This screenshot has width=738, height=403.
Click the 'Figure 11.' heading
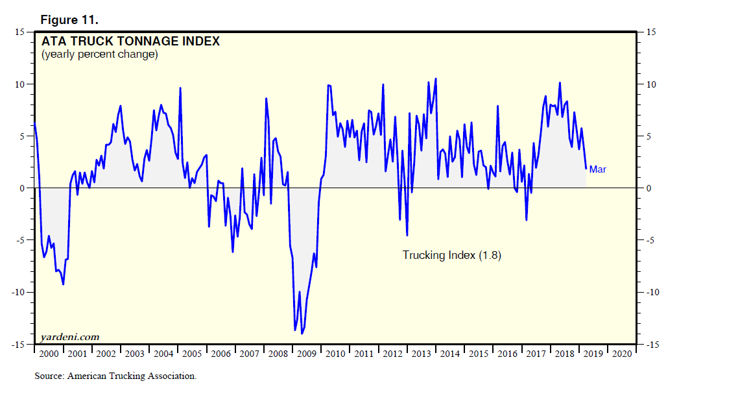69,20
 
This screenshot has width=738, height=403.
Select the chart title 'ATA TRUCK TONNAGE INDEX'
130,42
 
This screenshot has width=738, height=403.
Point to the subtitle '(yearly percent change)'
99,55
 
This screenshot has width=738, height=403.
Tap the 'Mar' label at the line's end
598,169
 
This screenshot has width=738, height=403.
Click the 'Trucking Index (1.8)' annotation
451,255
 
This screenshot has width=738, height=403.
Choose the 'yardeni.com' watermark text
69,337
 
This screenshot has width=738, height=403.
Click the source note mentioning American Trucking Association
115,376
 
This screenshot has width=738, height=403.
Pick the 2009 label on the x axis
306,354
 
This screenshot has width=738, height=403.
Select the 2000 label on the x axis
48,354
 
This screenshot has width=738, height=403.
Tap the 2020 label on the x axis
621,354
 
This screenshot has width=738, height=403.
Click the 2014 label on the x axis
449,354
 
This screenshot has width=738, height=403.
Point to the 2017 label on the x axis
536,354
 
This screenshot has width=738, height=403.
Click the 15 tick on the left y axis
19,32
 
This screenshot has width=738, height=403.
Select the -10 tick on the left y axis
17,292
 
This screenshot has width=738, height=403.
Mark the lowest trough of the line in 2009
302,334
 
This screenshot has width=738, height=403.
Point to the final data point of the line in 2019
586,169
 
